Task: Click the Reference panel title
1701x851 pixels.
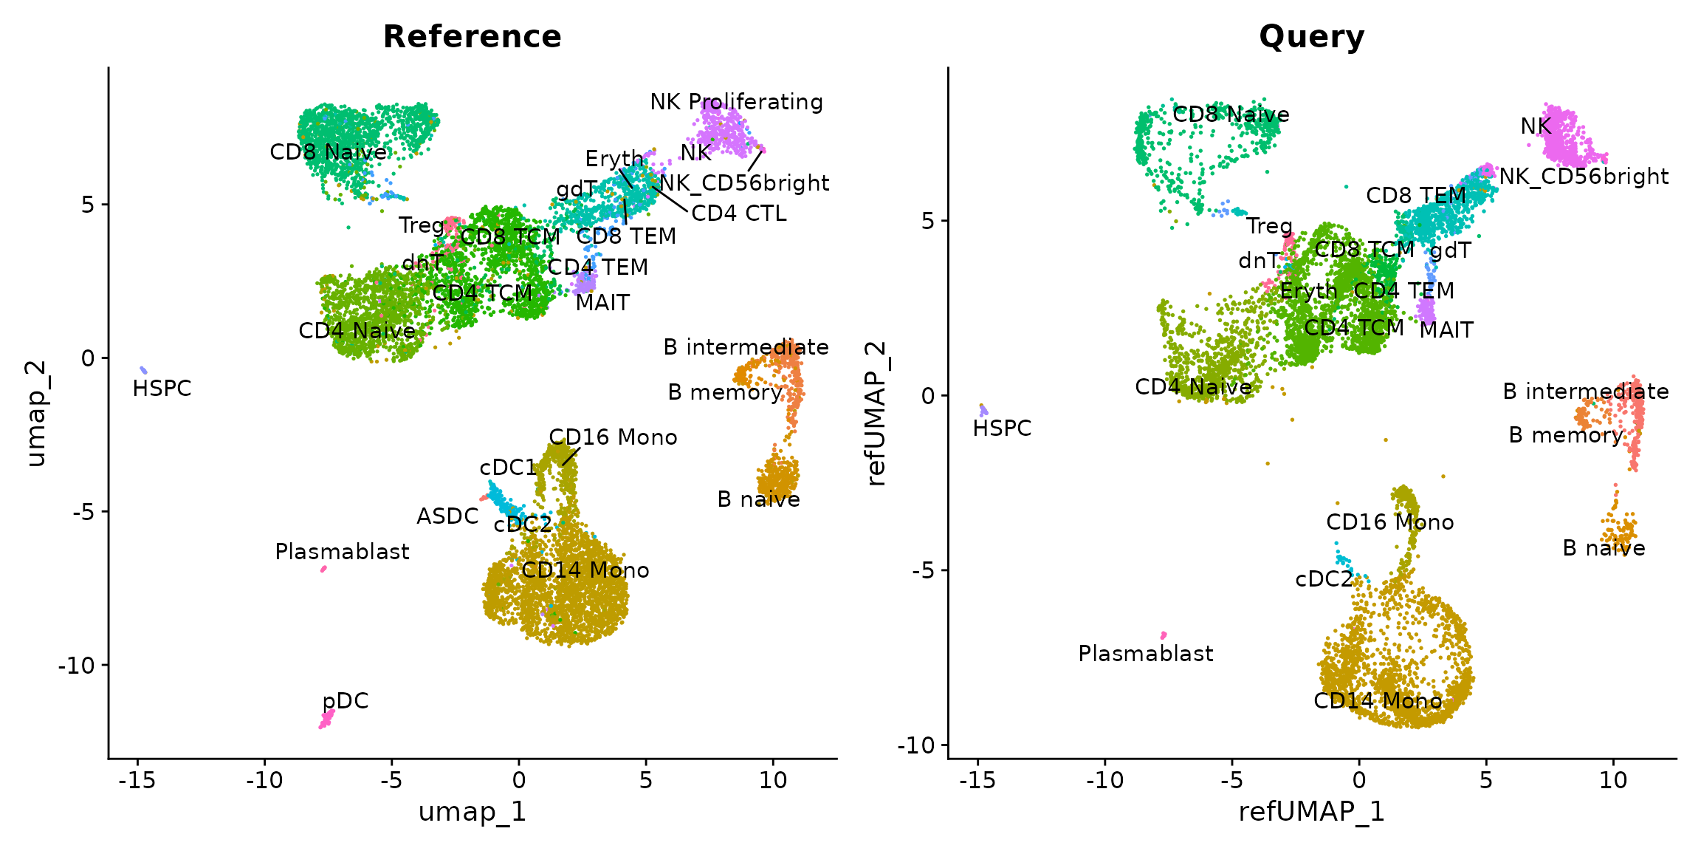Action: click(x=472, y=37)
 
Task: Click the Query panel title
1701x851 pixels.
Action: click(x=1311, y=37)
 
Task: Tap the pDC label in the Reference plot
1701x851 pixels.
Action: click(x=346, y=700)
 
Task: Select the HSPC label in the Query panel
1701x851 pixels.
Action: click(x=1002, y=428)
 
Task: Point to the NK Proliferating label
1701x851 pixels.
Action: click(x=736, y=102)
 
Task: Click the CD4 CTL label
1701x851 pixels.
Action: click(x=739, y=213)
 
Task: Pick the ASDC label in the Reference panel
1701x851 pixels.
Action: click(x=447, y=516)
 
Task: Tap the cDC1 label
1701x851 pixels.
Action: click(x=508, y=468)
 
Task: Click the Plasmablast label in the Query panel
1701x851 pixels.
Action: click(x=1145, y=654)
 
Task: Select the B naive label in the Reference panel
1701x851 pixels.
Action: click(x=758, y=500)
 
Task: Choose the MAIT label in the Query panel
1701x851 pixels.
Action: click(x=1446, y=330)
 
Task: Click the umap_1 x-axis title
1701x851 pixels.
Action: click(x=472, y=811)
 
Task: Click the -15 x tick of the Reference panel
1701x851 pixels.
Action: click(x=137, y=780)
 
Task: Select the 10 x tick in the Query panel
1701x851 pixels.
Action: click(x=1613, y=780)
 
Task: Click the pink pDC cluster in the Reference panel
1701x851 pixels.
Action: click(x=326, y=719)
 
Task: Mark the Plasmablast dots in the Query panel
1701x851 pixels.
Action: click(x=1164, y=635)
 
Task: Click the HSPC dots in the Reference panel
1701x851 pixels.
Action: click(x=143, y=370)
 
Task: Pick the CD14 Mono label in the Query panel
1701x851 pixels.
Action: click(x=1378, y=701)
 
